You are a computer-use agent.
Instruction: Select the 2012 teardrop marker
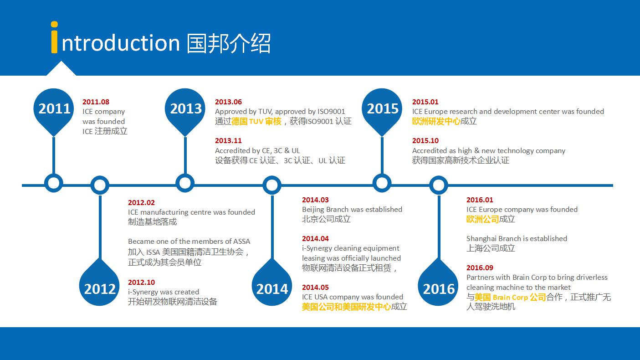(99, 284)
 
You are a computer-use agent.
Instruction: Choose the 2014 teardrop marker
(272, 284)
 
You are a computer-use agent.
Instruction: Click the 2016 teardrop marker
(438, 284)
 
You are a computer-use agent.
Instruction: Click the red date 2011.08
(96, 102)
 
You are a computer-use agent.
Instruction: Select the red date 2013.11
(228, 140)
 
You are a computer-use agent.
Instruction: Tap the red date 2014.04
(315, 239)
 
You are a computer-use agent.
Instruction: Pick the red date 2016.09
(480, 267)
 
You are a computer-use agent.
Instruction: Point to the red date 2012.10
(141, 282)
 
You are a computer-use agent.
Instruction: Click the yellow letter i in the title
(54, 37)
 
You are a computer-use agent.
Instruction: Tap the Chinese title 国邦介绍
(228, 43)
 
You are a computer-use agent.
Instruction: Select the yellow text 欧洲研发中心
(436, 121)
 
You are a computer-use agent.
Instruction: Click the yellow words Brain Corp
(510, 298)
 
